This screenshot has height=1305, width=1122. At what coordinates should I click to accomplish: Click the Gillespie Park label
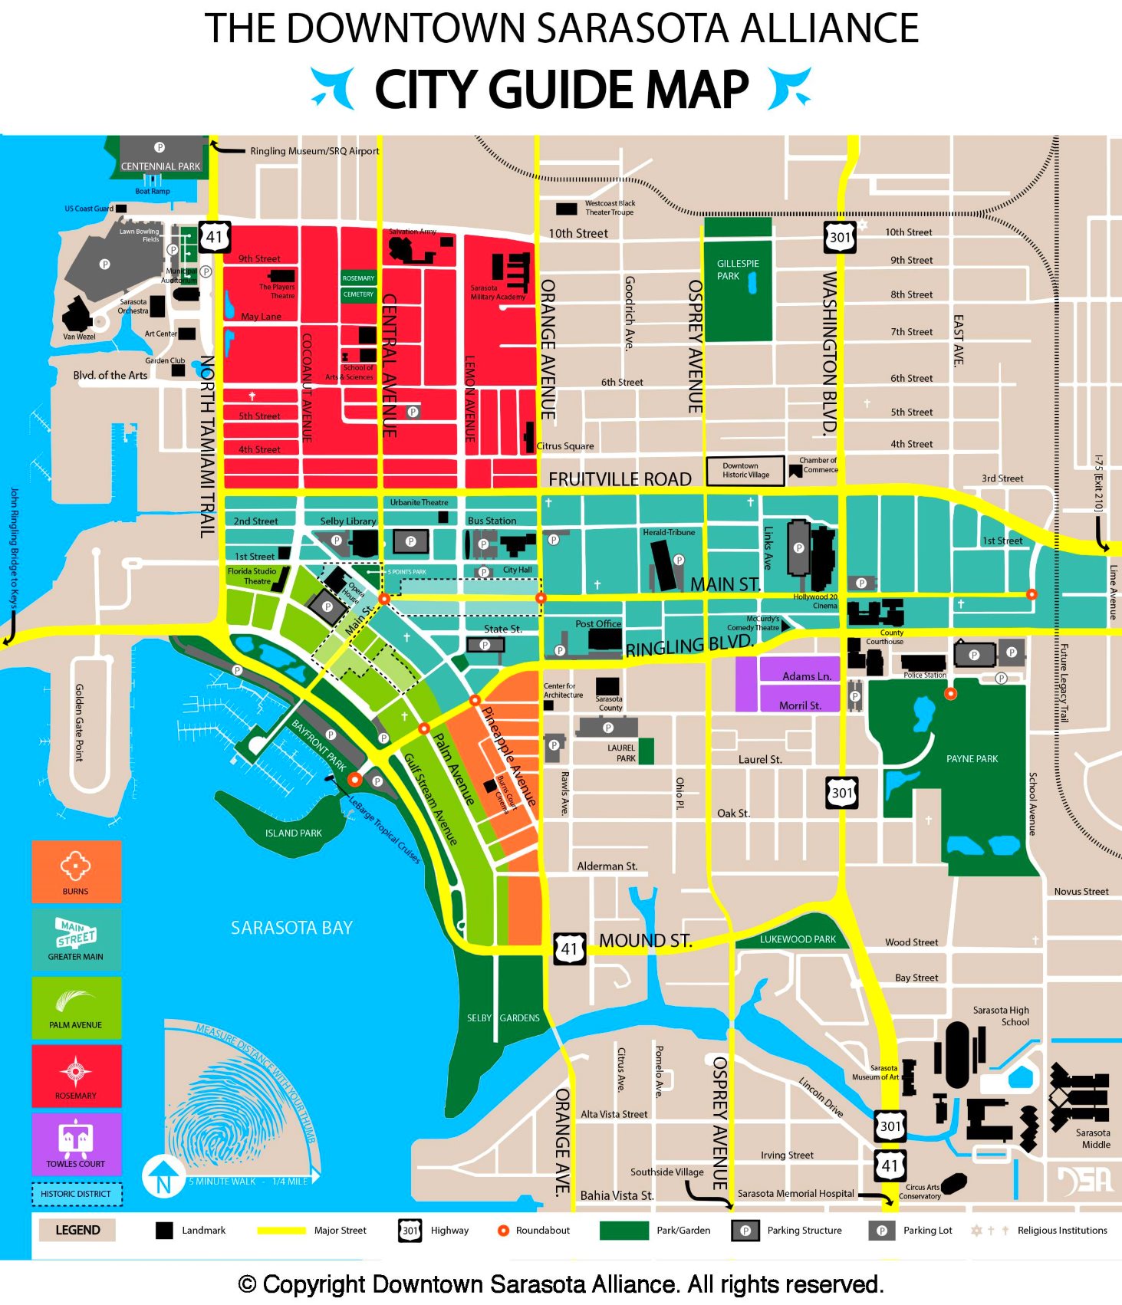(737, 269)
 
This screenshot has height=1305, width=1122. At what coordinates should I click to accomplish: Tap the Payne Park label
(972, 758)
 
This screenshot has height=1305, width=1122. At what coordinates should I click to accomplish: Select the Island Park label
(293, 833)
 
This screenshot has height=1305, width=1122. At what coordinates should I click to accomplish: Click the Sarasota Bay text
(291, 928)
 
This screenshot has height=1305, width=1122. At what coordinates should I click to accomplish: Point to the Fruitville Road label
(620, 479)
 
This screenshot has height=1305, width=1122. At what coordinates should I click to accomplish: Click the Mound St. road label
(645, 941)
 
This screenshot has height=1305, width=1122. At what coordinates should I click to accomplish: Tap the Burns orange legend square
(76, 871)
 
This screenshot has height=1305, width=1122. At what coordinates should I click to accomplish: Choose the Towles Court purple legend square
(76, 1143)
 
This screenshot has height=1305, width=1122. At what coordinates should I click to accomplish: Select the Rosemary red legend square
(76, 1075)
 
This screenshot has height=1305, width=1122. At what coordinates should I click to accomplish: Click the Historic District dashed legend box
(76, 1194)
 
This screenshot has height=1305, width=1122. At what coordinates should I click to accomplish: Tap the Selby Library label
(348, 521)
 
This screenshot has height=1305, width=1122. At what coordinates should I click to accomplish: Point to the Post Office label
(598, 623)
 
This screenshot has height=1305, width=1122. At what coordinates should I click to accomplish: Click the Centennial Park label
(160, 166)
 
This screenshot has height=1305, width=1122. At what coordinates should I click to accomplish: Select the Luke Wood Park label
(798, 939)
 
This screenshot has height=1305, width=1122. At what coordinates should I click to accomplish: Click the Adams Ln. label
(807, 676)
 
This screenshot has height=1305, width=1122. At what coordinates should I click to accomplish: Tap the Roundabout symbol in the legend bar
(503, 1231)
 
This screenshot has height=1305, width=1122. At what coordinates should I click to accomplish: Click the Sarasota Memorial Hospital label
(795, 1194)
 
